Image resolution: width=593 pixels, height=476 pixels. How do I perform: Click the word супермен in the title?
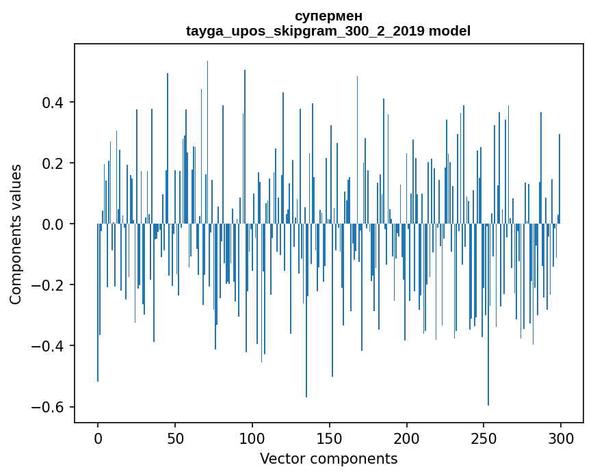tap(328, 16)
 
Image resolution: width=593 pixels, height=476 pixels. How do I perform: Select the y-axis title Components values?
tap(16, 234)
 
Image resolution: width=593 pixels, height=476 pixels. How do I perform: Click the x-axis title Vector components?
tap(328, 459)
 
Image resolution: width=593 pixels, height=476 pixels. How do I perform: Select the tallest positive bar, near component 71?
tap(207, 137)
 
